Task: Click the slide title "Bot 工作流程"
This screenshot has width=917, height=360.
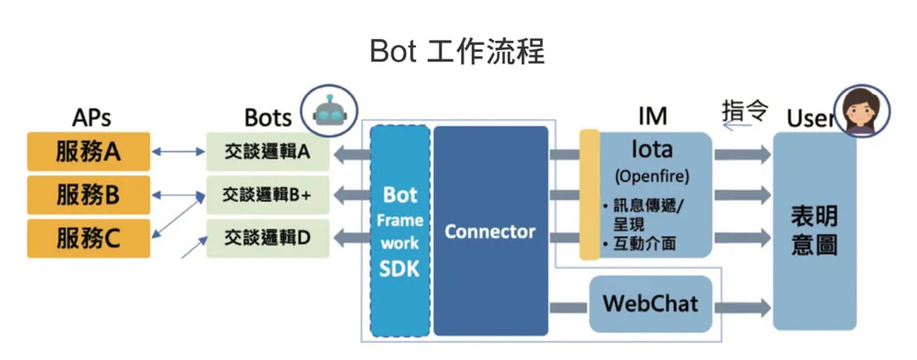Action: point(458,52)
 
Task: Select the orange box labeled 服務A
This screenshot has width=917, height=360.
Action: point(89,151)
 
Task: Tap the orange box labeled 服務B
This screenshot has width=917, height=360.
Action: point(89,195)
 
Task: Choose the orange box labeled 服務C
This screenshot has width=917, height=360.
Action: point(89,239)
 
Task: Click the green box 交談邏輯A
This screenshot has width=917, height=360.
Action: point(267,152)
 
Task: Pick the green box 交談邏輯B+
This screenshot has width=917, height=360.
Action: point(267,195)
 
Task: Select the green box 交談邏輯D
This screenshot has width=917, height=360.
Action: point(267,239)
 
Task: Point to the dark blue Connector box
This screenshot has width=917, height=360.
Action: point(491,231)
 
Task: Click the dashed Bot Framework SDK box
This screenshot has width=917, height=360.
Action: point(401,231)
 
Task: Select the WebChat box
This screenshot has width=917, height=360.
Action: point(650,304)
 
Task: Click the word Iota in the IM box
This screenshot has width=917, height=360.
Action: point(651,149)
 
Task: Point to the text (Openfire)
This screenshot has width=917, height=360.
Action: point(651,176)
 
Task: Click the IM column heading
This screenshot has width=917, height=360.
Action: point(653,115)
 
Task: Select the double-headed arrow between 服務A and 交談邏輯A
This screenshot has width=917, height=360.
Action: point(178,152)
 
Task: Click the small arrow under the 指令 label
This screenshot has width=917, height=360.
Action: point(736,125)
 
